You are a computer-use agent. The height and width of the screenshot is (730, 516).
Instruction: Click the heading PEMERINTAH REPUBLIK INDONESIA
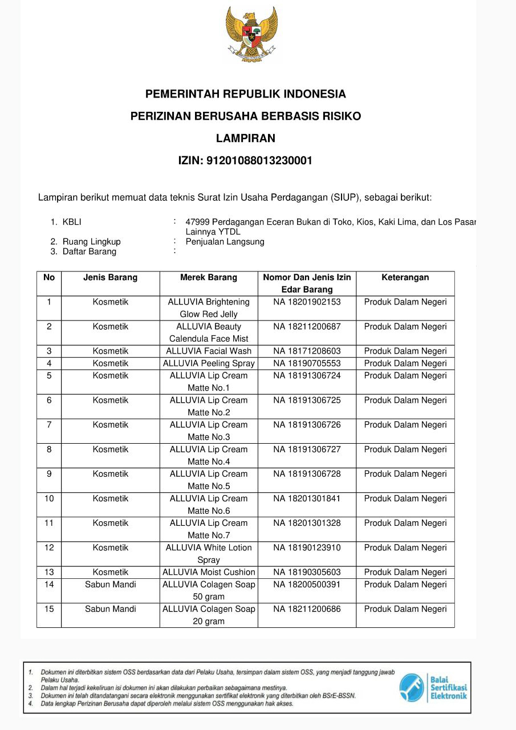pos(246,94)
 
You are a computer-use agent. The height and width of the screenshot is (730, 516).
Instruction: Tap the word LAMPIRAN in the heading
pos(246,138)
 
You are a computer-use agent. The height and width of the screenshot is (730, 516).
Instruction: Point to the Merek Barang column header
pos(209,278)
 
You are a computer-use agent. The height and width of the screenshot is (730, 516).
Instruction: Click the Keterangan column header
pos(405,278)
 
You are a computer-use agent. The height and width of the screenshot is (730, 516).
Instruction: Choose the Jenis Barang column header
pos(111,278)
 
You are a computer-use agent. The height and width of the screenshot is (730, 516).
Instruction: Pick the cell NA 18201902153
pos(307,302)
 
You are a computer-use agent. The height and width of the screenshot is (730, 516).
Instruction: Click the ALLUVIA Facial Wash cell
pos(209,351)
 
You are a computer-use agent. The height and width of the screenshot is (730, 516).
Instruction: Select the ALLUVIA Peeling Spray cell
pos(209,363)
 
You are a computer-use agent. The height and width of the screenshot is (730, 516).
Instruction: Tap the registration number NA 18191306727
pos(307,449)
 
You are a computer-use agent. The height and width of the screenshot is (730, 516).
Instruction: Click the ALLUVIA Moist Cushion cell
pos(209,572)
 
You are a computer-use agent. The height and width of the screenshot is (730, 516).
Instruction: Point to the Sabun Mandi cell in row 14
pos(111,585)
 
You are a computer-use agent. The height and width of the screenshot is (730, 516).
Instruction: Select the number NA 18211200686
pos(307,609)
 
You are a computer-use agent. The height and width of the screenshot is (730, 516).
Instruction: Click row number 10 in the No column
pos(49,498)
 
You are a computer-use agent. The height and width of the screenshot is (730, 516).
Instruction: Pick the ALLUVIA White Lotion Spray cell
pos(209,554)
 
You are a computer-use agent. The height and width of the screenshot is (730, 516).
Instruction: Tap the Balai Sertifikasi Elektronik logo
pos(433,688)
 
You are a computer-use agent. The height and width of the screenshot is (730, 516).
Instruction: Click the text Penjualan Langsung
pos(225,242)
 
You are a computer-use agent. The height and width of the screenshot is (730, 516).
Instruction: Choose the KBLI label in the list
pos(72,222)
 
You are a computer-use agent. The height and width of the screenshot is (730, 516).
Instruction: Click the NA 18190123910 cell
pos(307,547)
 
